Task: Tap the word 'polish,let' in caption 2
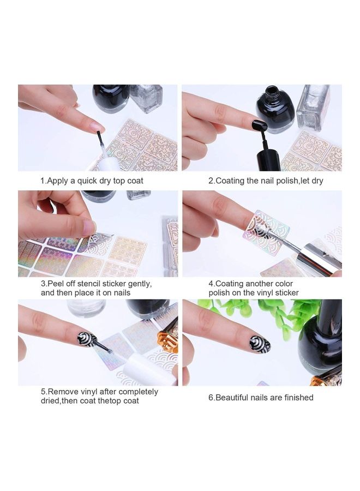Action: (283, 181)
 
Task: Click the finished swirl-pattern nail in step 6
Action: (260, 344)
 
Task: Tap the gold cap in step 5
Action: (168, 338)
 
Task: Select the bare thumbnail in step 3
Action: (89, 225)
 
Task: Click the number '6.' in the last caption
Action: (212, 398)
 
